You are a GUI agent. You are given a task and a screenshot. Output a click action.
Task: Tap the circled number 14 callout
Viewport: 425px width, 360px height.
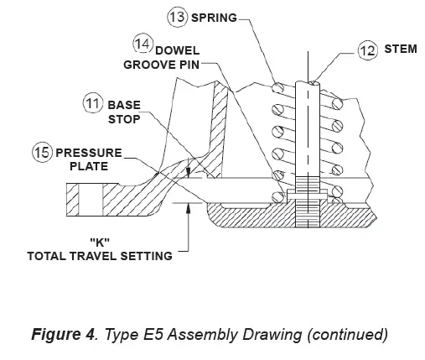(x=143, y=43)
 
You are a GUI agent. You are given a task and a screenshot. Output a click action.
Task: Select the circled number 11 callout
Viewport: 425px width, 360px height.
(x=93, y=104)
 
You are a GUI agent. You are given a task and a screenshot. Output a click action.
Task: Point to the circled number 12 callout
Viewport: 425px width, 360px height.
(x=367, y=51)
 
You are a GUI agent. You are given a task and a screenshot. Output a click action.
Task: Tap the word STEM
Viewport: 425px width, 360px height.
(x=399, y=50)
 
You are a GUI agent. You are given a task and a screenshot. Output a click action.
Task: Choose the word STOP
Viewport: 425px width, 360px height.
(x=122, y=120)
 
